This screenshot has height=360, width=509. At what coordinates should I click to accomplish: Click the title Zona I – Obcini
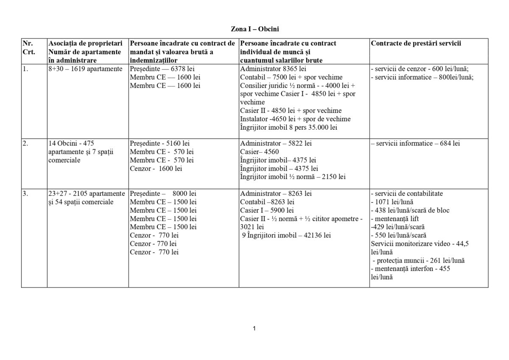coord(255,29)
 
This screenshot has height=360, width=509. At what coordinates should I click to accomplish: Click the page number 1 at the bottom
coord(254,328)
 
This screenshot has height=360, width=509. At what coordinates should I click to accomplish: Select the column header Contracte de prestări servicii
coord(416,43)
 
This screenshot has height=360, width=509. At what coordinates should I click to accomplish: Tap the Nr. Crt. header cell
coord(28,47)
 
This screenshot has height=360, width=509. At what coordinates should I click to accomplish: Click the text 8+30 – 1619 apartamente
coord(85,69)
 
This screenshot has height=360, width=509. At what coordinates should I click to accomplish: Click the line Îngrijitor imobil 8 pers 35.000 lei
coord(289,127)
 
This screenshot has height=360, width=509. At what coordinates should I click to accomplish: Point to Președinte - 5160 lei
coord(159,143)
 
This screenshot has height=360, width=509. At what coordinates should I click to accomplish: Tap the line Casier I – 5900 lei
coord(267,210)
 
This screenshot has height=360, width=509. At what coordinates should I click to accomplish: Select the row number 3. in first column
coord(25,193)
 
